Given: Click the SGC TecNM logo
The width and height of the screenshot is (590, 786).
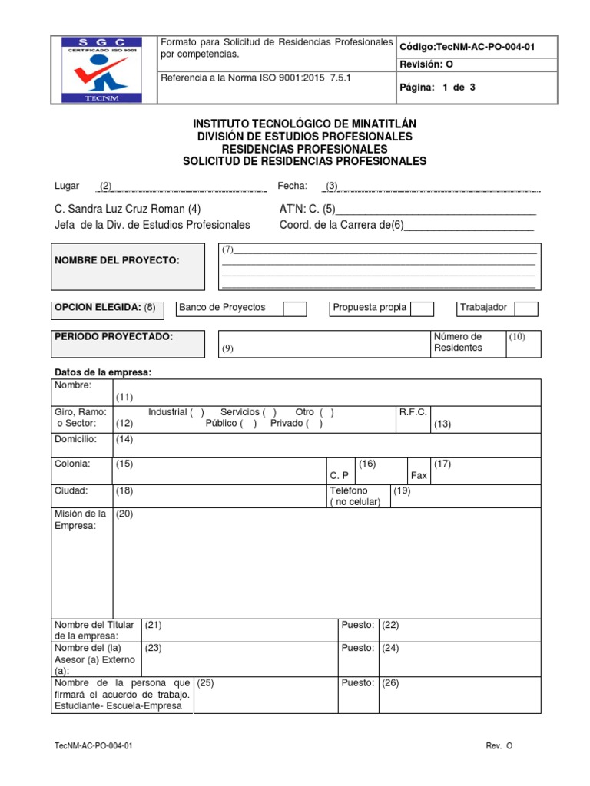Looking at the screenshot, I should coord(103,69).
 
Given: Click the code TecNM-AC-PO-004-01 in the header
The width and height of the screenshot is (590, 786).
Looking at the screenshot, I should coord(467,47).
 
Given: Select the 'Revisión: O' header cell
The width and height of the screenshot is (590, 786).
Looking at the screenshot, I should coord(426,65).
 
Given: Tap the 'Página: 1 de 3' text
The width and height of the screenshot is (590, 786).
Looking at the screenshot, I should coord(438,87).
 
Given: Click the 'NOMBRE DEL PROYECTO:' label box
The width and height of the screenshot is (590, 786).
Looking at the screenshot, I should coord(128,266).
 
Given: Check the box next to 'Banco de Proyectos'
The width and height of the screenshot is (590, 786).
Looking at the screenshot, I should coord(295,309).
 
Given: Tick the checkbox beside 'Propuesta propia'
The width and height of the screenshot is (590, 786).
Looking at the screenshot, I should coord(422,309).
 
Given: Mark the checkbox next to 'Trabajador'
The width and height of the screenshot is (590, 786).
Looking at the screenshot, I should coord(526,309).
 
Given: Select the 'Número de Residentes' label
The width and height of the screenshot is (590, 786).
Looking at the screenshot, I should coord(458,342).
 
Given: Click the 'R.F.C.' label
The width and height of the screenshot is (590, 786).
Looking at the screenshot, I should coord(413,412).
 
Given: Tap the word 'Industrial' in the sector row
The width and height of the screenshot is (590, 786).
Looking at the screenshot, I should coord(167,412).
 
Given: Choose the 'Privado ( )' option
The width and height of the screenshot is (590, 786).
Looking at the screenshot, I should coord(297,424).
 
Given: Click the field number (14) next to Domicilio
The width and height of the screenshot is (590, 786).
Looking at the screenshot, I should coord(124,439).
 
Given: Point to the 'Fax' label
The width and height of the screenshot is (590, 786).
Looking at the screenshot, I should coord(419,476).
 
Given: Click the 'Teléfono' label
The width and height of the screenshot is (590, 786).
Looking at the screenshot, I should coord(349,490).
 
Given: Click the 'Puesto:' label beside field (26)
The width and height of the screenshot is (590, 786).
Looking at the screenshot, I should coord(357,683).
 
